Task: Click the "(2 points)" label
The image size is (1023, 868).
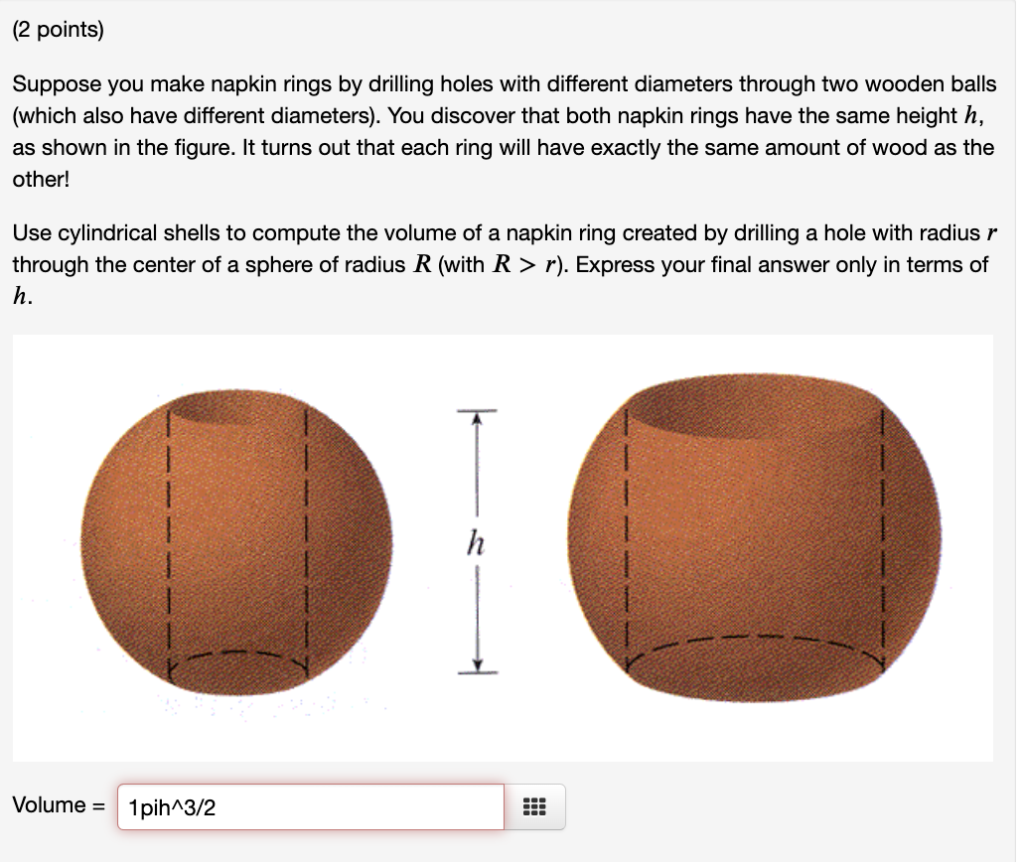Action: point(58,30)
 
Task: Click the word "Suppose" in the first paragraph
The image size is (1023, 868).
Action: point(52,85)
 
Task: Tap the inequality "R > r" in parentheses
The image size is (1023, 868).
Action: point(530,264)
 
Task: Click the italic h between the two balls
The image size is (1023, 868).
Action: point(477,544)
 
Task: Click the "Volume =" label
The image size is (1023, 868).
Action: point(58,805)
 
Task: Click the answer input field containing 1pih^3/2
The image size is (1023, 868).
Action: point(310,807)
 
